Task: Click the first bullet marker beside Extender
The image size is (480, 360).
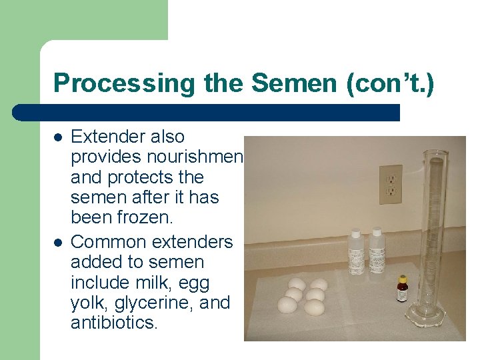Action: pyautogui.click(x=58, y=137)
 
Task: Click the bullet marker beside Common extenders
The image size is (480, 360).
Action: pyautogui.click(x=58, y=242)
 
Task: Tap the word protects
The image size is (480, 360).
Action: pyautogui.click(x=139, y=178)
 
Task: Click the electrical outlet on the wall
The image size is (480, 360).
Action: pyautogui.click(x=391, y=185)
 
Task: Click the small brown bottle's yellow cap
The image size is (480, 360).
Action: pyautogui.click(x=402, y=279)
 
